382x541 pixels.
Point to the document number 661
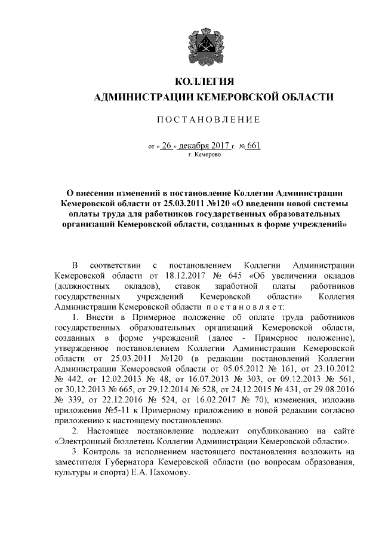click(254, 145)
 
